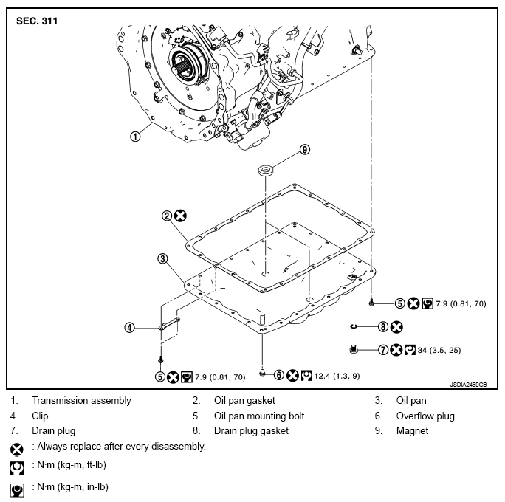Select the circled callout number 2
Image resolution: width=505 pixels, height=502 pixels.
point(167,216)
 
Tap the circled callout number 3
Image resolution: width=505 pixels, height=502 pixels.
point(162,258)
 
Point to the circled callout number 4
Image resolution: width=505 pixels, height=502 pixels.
point(130,328)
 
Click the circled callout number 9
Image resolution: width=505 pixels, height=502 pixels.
point(304,150)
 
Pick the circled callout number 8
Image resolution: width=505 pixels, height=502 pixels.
point(382,326)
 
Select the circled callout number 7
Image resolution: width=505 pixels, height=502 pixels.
point(382,350)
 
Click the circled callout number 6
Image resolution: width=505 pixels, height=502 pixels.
point(279,374)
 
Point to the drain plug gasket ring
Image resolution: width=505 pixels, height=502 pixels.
point(354,326)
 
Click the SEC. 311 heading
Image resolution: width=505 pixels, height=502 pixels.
point(37,21)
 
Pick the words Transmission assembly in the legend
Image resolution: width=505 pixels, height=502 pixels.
point(81,401)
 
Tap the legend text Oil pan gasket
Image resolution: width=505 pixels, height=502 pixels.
point(244,401)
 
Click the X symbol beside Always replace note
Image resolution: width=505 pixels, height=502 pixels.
point(16,447)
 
